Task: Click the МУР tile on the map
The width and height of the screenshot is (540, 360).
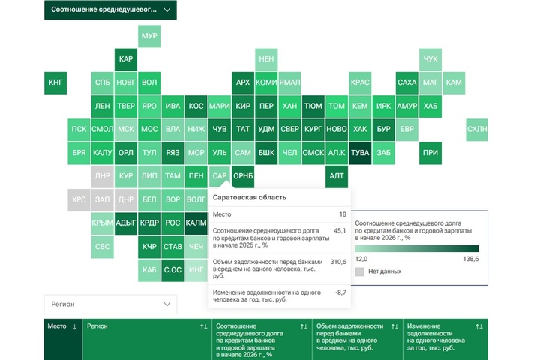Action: click(149, 36)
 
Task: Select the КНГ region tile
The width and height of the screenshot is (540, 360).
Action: click(55, 82)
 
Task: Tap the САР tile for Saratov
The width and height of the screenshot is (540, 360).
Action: click(220, 177)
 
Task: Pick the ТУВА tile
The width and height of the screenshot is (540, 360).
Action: click(361, 153)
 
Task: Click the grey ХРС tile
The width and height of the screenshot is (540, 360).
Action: click(79, 200)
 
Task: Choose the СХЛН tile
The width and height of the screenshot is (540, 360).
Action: click(477, 129)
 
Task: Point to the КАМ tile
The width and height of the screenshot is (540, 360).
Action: click(454, 82)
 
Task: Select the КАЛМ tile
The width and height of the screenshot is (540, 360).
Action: click(196, 223)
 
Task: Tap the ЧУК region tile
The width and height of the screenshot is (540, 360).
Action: click(430, 59)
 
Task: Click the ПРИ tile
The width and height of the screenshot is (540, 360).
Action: click(430, 153)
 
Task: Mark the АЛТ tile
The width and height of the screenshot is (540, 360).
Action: click(337, 177)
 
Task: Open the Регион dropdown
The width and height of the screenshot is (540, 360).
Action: click(110, 304)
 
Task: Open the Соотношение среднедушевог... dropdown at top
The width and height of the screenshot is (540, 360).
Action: click(110, 10)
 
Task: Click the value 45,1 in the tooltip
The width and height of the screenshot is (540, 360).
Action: click(340, 231)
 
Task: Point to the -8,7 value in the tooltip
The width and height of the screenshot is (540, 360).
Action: click(340, 292)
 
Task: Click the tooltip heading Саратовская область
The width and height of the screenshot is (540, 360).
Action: click(249, 197)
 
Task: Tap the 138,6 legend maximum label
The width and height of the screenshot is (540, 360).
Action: click(470, 259)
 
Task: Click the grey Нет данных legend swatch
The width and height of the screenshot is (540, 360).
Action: click(360, 271)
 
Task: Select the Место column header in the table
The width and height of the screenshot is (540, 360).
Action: click(58, 327)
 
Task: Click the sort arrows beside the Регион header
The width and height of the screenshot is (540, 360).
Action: click(204, 327)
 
